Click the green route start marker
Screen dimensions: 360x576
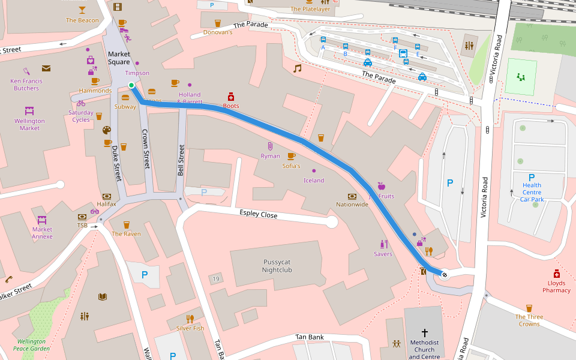tap(131, 85)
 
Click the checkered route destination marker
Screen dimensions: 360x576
tap(445, 275)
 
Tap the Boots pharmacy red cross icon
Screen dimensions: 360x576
tap(230, 97)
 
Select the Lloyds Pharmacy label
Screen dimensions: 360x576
tap(556, 286)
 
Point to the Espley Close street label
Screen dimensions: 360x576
tap(258, 214)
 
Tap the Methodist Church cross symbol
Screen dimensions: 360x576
tap(425, 332)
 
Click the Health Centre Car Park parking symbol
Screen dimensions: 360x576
tap(531, 177)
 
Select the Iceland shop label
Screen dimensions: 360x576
tap(313, 181)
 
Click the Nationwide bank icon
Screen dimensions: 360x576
tap(352, 196)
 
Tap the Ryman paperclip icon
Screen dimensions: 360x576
tap(270, 146)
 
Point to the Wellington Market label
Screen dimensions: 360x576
tap(29, 124)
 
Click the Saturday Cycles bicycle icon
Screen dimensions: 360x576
tap(81, 103)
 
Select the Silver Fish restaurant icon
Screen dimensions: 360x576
tap(190, 319)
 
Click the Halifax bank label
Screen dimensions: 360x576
tap(106, 204)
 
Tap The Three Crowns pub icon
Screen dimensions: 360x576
tap(529, 308)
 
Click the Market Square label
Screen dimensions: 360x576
tap(119, 58)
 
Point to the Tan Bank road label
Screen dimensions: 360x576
tap(310, 337)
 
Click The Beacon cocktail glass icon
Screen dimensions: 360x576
tap(82, 10)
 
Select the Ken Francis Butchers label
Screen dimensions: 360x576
tap(26, 85)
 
